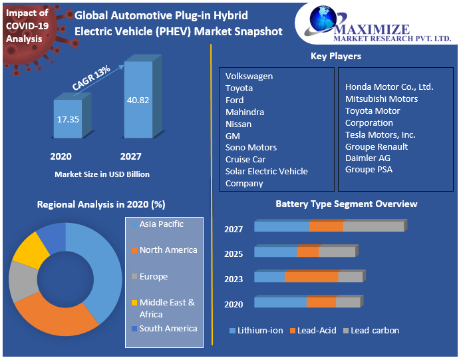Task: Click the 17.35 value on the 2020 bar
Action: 68,119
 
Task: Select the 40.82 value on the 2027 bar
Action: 138,100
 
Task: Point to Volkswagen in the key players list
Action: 249,77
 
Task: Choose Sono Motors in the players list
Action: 251,148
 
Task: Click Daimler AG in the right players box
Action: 367,158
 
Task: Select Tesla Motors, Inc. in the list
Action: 380,135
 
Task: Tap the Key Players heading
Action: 336,57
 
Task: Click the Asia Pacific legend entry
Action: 161,224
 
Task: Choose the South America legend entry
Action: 168,329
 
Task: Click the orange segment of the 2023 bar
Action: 311,277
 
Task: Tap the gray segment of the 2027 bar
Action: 373,226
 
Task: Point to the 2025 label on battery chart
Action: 233,254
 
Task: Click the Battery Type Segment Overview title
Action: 346,204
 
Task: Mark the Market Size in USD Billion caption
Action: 102,174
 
